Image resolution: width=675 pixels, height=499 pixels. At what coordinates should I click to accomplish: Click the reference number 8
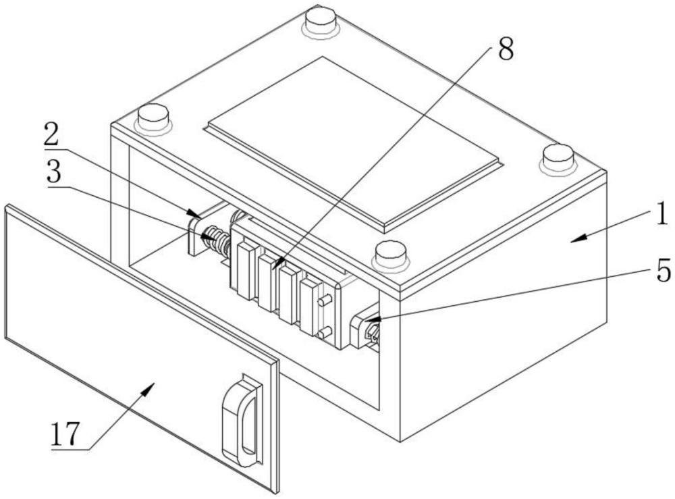pyautogui.click(x=504, y=49)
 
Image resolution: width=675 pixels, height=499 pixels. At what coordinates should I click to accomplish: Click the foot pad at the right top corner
pyautogui.click(x=559, y=158)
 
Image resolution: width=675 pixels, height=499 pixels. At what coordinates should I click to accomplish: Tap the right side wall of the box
pyautogui.click(x=506, y=317)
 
